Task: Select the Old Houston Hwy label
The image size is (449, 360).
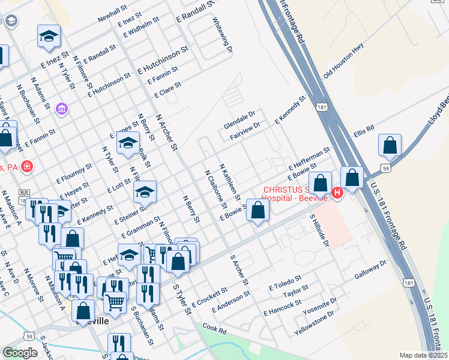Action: pyautogui.click(x=344, y=62)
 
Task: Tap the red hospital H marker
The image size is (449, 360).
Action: pyautogui.click(x=337, y=193)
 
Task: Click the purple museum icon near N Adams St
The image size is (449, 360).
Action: pyautogui.click(x=61, y=109)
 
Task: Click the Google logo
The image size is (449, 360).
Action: pyautogui.click(x=20, y=352)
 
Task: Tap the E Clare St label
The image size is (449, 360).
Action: pyautogui.click(x=167, y=90)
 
